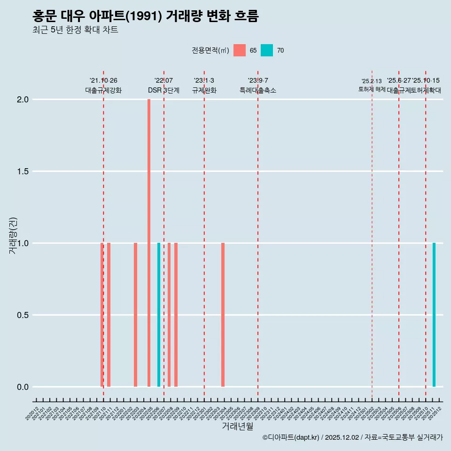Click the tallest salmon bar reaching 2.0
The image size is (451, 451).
(x=149, y=242)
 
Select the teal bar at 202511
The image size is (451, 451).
(x=434, y=315)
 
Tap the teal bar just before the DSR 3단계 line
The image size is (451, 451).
(x=159, y=315)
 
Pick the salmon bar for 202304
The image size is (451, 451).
(x=223, y=315)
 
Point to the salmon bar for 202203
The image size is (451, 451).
(x=135, y=315)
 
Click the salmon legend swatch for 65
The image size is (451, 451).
(x=240, y=50)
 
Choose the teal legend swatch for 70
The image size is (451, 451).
(x=267, y=50)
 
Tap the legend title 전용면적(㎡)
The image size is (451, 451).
(x=210, y=50)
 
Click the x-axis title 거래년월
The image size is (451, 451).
(x=237, y=427)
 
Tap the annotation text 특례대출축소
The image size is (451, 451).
(x=258, y=90)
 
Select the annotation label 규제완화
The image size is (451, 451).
(x=204, y=90)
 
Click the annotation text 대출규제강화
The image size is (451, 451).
(x=103, y=90)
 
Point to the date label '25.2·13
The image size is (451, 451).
(x=372, y=81)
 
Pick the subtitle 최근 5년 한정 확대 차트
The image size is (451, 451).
(x=75, y=30)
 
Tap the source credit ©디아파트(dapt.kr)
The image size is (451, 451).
(x=291, y=437)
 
